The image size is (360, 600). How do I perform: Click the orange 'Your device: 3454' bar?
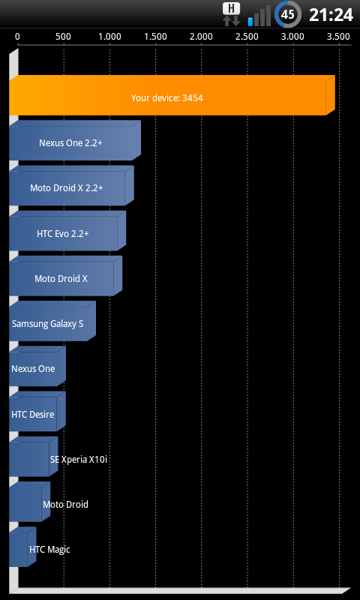(x=172, y=95)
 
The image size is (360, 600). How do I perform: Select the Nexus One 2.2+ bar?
(x=75, y=140)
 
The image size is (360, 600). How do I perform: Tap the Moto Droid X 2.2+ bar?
(x=71, y=185)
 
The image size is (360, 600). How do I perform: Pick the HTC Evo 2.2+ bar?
(x=67, y=231)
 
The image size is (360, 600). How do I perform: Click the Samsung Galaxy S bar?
(x=52, y=321)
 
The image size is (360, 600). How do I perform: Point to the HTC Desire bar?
(x=37, y=411)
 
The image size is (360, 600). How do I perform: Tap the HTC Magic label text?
(x=49, y=550)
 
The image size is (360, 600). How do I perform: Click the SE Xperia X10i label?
(x=79, y=460)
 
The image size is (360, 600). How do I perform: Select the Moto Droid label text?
(x=65, y=504)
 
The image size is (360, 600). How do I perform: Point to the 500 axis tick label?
(x=63, y=37)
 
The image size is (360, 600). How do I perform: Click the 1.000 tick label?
(x=109, y=37)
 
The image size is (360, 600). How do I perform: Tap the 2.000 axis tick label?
(x=201, y=37)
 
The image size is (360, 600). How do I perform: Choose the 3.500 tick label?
(x=338, y=37)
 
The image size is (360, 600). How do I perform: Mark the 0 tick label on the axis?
(x=17, y=37)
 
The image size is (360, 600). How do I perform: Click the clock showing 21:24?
(x=331, y=15)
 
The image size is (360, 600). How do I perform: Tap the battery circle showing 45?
(x=288, y=15)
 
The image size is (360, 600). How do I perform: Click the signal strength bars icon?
(x=259, y=16)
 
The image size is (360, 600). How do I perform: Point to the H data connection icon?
(x=232, y=14)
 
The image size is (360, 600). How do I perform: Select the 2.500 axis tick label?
(x=247, y=37)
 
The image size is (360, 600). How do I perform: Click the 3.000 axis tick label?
(x=293, y=37)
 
